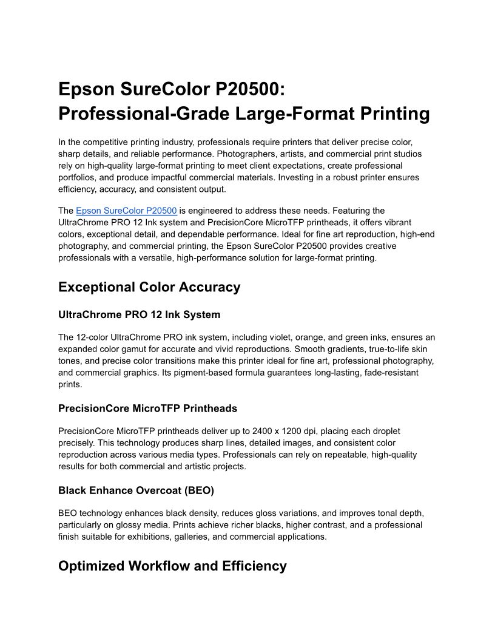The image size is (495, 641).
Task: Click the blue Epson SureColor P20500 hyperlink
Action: tap(126, 211)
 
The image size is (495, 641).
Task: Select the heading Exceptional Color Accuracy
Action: tap(149, 287)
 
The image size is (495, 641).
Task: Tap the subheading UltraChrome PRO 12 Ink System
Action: tap(139, 314)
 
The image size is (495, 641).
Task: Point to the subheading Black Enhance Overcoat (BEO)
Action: tap(136, 490)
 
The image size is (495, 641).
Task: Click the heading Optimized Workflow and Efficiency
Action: tap(172, 566)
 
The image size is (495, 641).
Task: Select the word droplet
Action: tap(383, 431)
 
